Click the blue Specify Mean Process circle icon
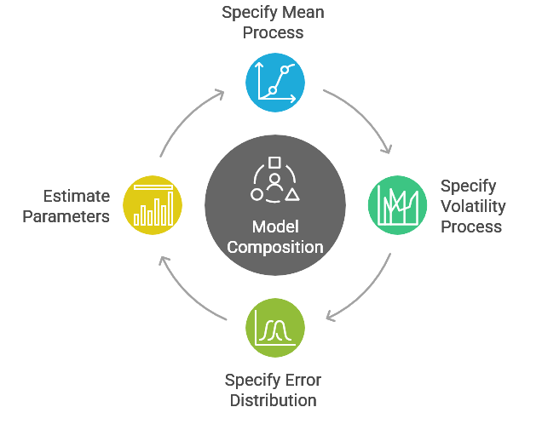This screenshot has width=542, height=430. click(274, 83)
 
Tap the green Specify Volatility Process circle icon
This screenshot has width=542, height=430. click(397, 205)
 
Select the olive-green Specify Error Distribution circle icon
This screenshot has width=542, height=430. click(274, 327)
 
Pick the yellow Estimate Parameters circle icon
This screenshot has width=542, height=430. click(153, 205)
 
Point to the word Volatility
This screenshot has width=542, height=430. click(473, 206)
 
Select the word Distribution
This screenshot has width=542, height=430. click(273, 400)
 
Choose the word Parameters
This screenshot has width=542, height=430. click(66, 216)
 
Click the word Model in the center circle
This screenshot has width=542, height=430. click(274, 227)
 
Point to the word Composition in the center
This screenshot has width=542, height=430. click(274, 248)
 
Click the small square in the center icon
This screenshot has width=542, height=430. click(274, 162)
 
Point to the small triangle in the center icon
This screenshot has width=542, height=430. click(292, 195)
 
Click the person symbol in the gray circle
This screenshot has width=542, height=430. click(274, 182)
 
